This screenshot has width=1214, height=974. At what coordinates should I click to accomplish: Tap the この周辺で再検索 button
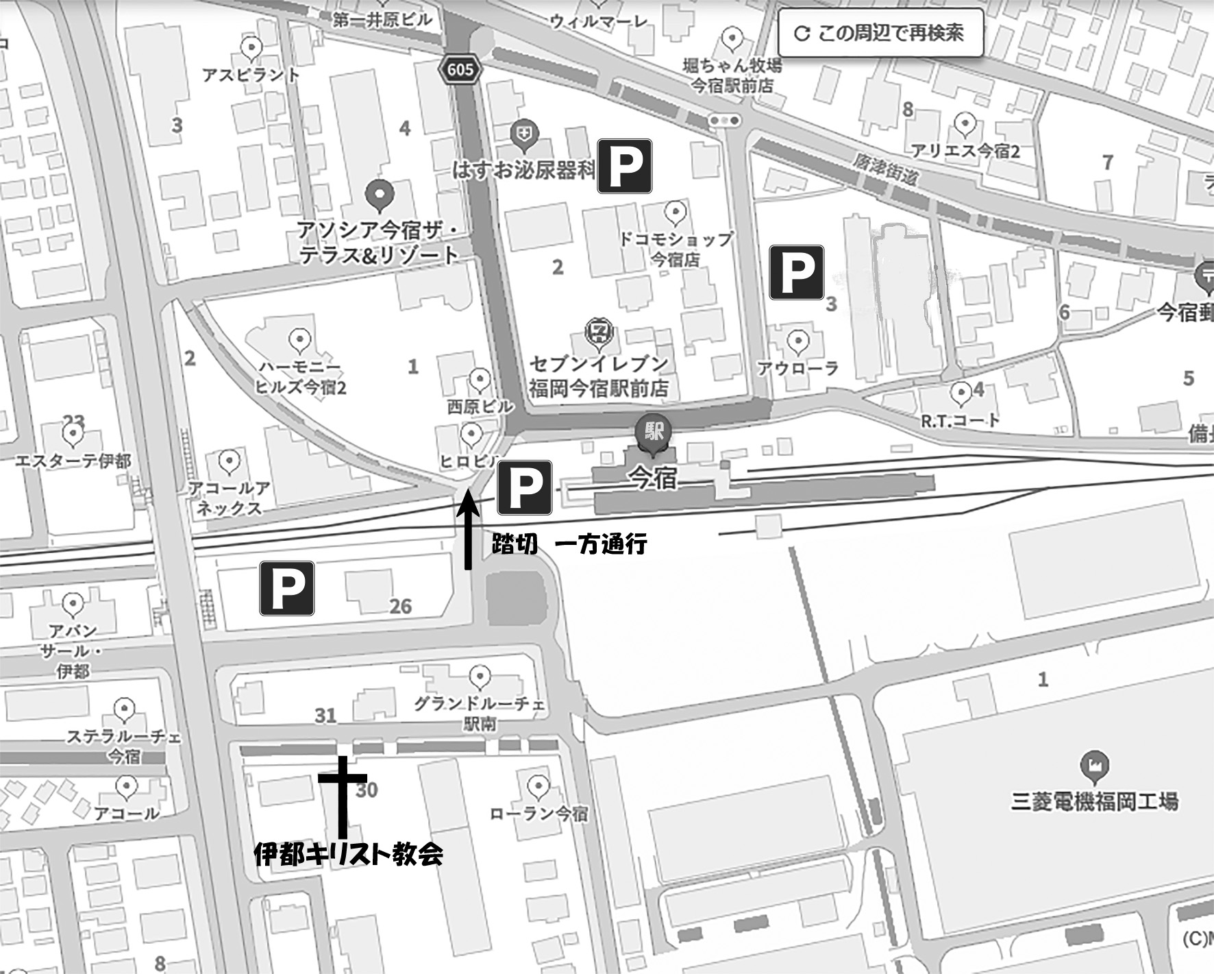tap(880, 33)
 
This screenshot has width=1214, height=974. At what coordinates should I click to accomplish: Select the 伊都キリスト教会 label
tap(348, 854)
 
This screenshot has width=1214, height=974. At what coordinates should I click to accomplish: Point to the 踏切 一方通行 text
tap(569, 544)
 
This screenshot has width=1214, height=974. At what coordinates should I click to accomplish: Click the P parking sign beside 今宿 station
tap(524, 487)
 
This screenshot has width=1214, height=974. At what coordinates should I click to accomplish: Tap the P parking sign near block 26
tap(286, 587)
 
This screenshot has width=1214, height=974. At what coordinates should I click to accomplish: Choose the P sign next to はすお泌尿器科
tap(624, 166)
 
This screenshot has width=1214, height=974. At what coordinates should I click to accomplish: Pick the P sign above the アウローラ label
tap(796, 272)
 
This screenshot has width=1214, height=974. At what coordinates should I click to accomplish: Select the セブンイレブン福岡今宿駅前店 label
tap(598, 376)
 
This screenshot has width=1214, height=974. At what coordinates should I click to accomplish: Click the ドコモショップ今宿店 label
tap(676, 249)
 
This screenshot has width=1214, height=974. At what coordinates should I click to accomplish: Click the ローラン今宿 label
tap(538, 814)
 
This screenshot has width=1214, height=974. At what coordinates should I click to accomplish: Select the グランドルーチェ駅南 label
tap(480, 713)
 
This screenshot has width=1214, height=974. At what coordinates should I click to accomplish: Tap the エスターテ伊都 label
tap(73, 461)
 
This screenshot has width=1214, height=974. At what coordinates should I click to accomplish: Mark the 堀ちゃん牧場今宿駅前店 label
tap(732, 75)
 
